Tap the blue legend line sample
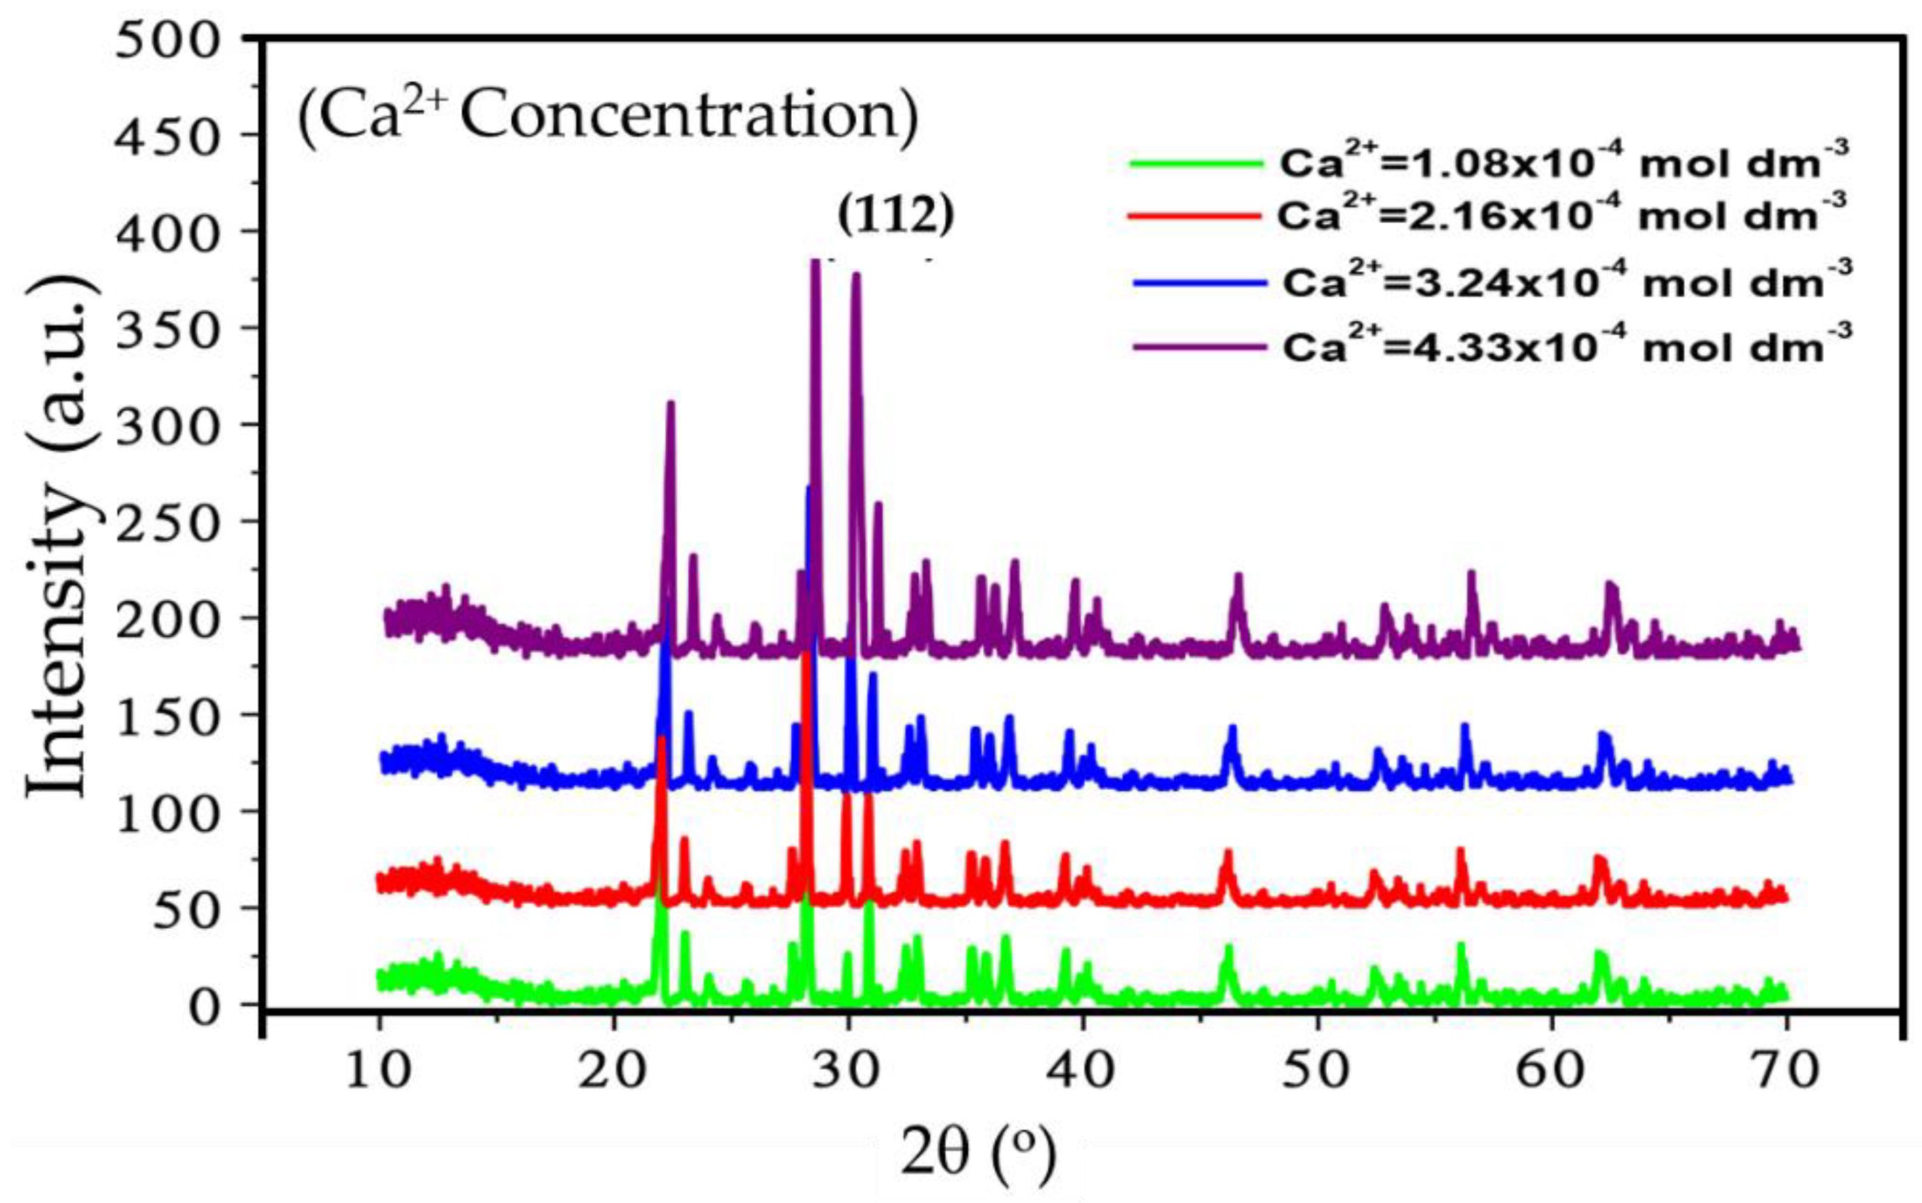[x=1199, y=283]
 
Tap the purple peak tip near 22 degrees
[x=670, y=404]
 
